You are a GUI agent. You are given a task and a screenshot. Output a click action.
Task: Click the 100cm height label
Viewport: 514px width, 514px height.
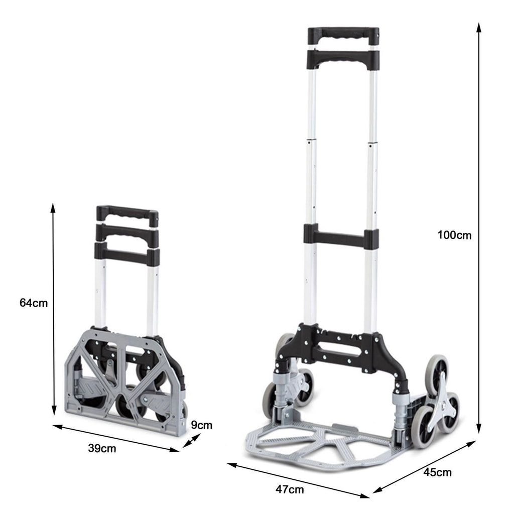[454, 235]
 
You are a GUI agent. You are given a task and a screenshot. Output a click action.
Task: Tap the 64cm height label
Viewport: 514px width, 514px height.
[34, 303]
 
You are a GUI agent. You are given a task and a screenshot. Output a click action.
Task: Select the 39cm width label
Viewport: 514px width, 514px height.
[102, 448]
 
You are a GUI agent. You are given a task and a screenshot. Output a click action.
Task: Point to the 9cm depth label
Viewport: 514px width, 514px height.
[202, 425]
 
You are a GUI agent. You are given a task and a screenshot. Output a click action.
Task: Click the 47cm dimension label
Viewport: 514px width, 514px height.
[290, 489]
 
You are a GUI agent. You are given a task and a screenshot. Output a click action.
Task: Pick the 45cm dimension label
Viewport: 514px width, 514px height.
[438, 472]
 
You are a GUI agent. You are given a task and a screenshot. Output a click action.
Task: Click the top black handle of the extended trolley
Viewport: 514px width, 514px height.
[343, 36]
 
